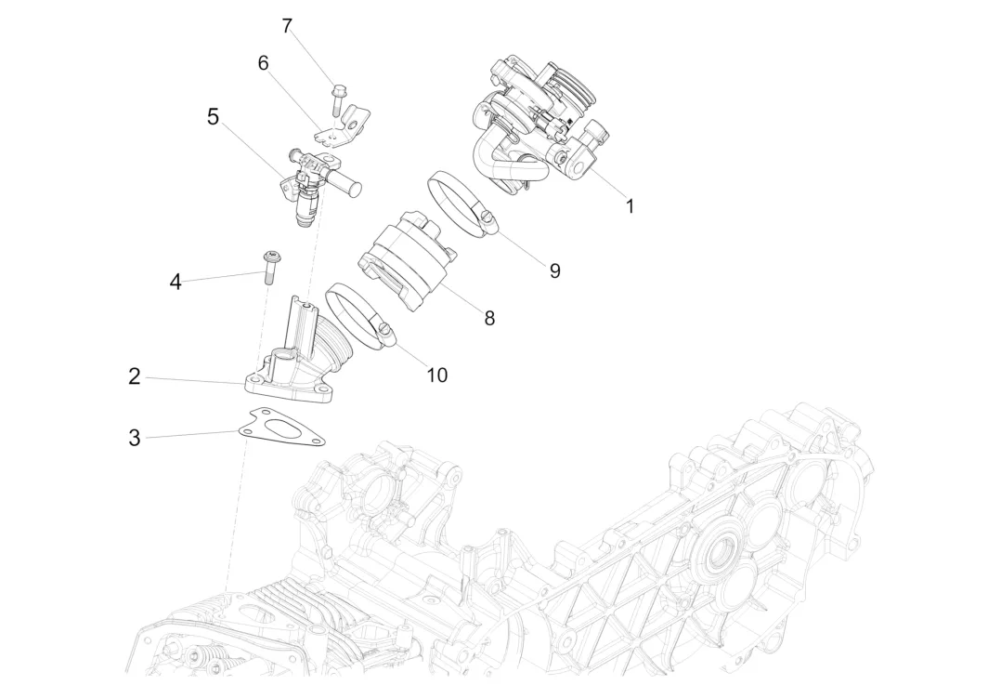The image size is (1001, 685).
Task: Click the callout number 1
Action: tap(630, 206)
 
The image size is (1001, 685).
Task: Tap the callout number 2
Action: tap(134, 376)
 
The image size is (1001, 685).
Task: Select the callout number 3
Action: tap(134, 438)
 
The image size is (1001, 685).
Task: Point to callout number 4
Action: tap(175, 282)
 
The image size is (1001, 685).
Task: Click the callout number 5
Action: tap(213, 117)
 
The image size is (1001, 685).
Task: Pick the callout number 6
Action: tap(263, 63)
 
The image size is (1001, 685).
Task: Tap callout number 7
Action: tap(287, 26)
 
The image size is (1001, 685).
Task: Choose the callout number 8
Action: tap(489, 318)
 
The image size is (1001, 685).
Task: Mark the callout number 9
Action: tap(554, 271)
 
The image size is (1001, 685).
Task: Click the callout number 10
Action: tap(437, 375)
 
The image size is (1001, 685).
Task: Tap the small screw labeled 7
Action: tap(337, 100)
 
